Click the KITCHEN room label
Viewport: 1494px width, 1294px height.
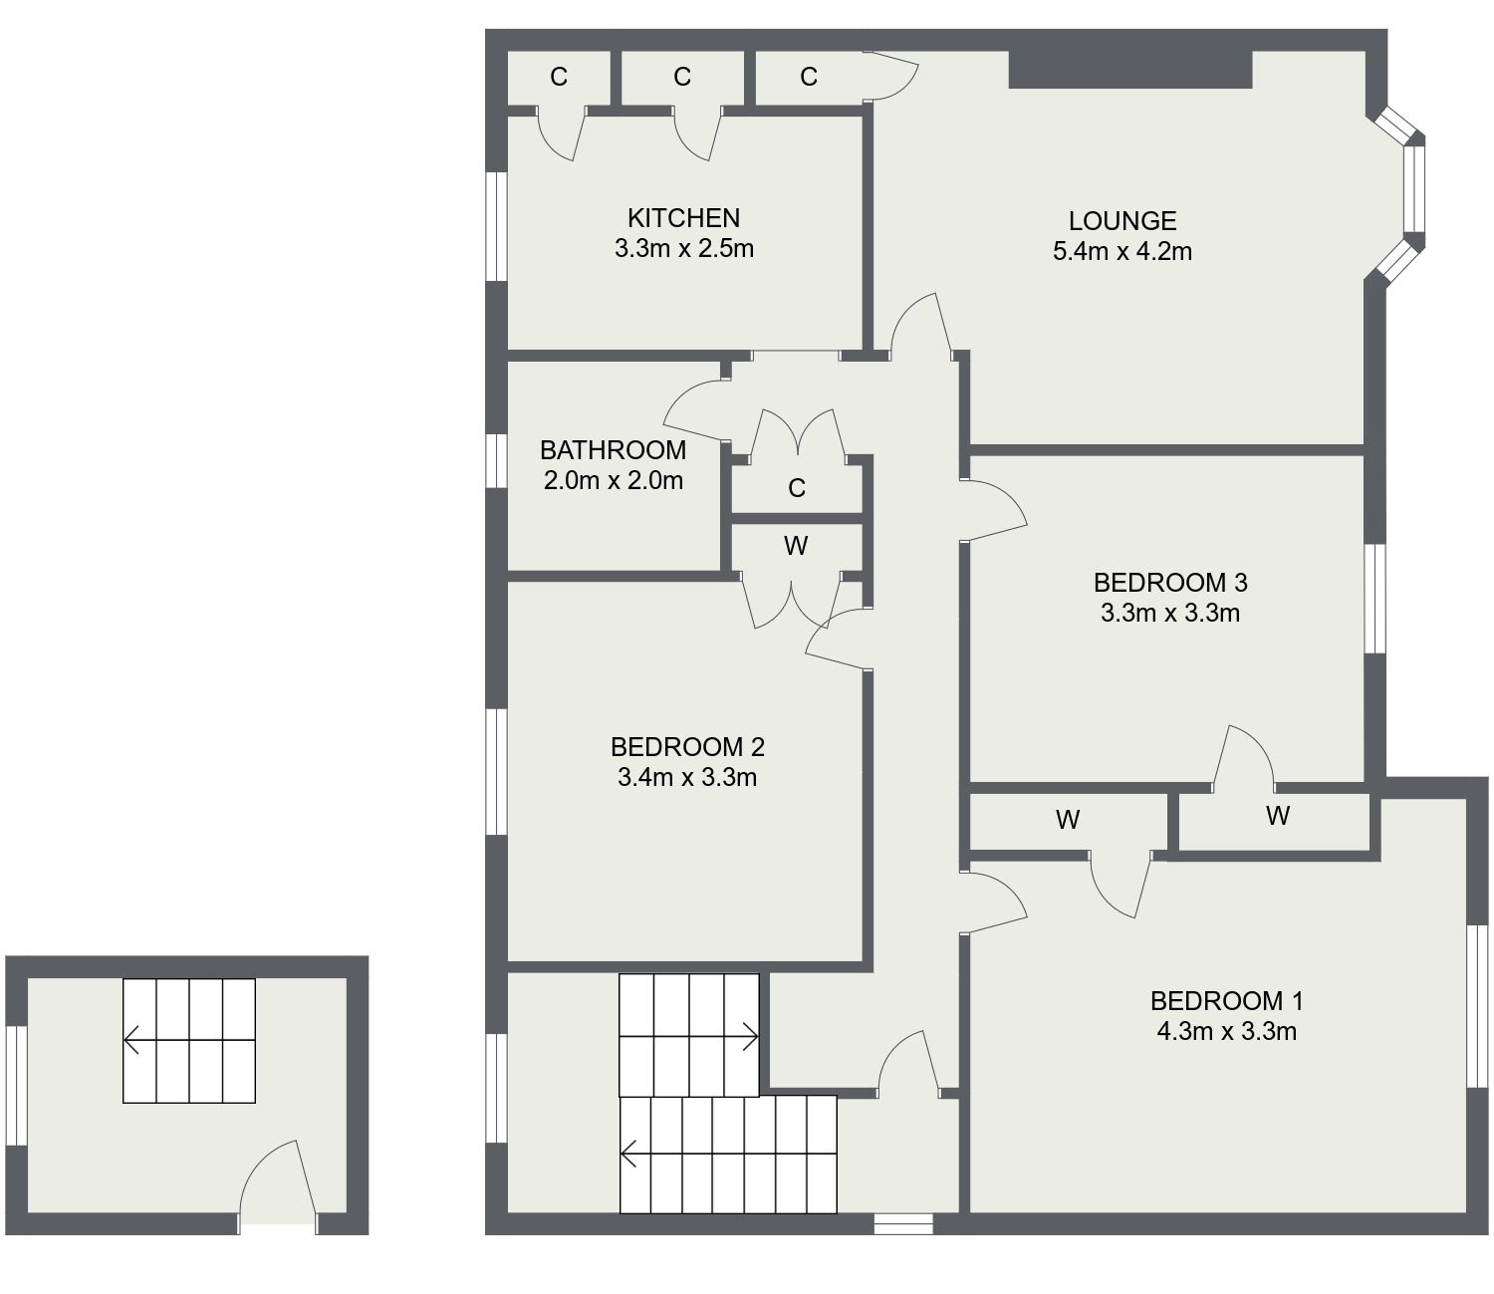(683, 218)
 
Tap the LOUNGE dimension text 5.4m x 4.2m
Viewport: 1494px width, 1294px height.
(1121, 251)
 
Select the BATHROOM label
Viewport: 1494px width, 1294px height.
(613, 450)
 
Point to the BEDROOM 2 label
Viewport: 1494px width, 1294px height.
(687, 746)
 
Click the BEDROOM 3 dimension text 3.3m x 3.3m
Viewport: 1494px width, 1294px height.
(1169, 613)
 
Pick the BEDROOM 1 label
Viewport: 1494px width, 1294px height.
(1226, 1000)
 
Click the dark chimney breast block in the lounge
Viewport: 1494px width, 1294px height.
(1129, 70)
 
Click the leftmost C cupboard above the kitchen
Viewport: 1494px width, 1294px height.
(559, 77)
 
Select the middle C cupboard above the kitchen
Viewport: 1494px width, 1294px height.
(682, 77)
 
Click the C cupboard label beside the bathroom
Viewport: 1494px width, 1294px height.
(796, 488)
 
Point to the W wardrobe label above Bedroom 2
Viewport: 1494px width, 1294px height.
(795, 546)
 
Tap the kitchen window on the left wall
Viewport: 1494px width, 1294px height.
(496, 226)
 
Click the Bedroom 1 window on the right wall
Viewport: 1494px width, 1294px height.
(1478, 1005)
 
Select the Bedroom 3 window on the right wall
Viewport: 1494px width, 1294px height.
(1374, 598)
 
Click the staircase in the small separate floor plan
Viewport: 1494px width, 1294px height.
(188, 1041)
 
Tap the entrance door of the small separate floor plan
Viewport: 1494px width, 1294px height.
(277, 1185)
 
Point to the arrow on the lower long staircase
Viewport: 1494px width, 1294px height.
(629, 1155)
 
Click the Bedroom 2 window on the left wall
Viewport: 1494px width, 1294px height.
(496, 771)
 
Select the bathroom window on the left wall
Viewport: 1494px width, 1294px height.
(496, 461)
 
